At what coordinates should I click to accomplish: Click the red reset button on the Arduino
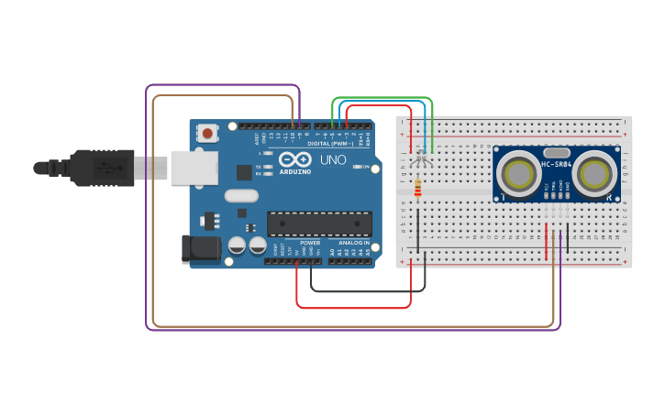207,134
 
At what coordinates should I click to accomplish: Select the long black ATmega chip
319,223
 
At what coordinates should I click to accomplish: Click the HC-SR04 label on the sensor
557,164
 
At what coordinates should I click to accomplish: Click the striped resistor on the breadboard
418,188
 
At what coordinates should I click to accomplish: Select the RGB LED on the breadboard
420,158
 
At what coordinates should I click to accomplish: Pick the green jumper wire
381,97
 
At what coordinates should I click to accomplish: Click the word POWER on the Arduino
310,243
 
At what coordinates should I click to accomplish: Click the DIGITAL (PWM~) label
331,144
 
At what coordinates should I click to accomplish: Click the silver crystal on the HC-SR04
557,154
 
